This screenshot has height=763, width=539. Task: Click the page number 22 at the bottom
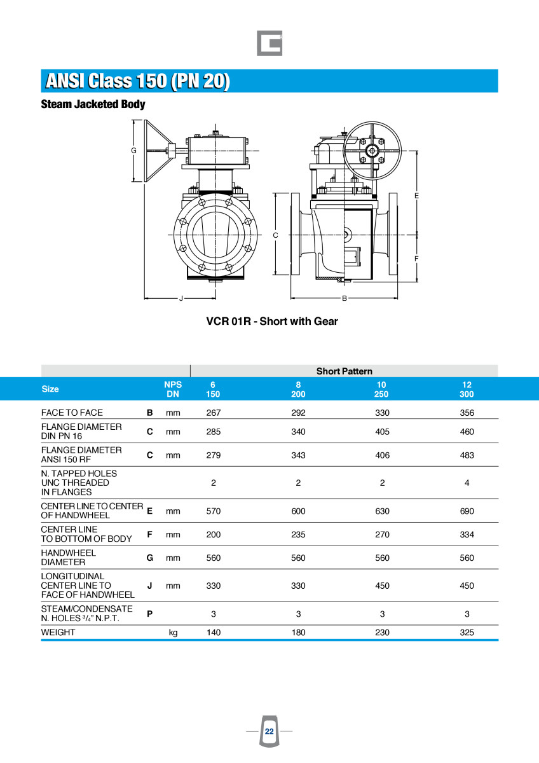tap(269, 731)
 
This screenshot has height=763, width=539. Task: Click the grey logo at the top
tap(269, 43)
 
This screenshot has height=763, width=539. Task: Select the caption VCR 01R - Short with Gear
tap(272, 321)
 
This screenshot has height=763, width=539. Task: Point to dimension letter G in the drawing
tap(133, 151)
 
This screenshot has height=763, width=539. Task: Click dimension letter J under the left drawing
tap(181, 298)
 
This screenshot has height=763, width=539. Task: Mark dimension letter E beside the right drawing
tap(416, 195)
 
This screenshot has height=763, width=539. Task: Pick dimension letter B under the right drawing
tap(345, 298)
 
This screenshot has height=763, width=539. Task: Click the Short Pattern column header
tap(344, 371)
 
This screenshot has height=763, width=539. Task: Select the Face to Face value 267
tap(214, 413)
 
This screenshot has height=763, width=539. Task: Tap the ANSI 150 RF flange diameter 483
tap(467, 455)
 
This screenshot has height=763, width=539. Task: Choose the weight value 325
tap(467, 633)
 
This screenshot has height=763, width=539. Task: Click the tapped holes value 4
tap(467, 483)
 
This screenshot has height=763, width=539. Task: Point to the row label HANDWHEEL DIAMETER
tap(69, 558)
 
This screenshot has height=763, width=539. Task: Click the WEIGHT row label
tap(58, 633)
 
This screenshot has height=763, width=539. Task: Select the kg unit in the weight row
tap(173, 633)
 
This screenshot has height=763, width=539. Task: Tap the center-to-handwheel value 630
tap(382, 511)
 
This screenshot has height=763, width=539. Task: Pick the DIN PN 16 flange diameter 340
tap(298, 432)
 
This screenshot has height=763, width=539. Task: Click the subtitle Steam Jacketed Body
tap(93, 104)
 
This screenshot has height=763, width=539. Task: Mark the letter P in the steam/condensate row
tap(149, 614)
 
